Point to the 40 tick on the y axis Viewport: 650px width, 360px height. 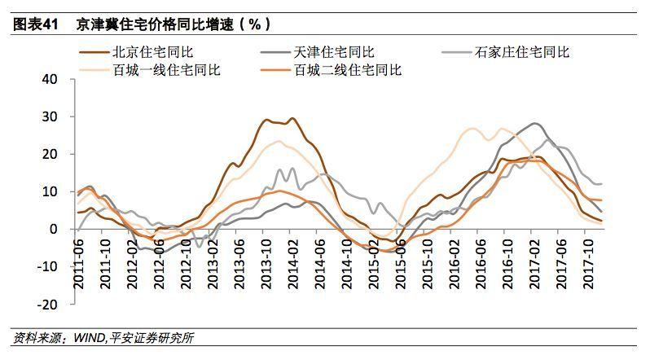[x=51, y=80]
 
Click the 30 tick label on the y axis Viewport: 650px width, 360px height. [x=51, y=117]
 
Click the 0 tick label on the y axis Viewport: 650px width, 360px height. [x=55, y=229]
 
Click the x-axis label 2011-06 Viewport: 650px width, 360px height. [x=79, y=256]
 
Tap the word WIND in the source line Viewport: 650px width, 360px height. [x=88, y=337]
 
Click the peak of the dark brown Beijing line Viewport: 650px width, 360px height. [x=267, y=120]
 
